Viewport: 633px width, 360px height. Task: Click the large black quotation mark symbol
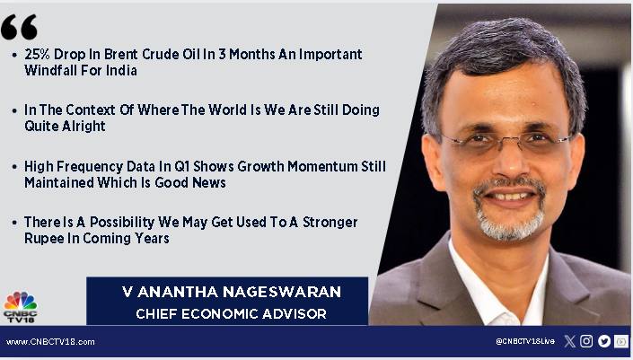click(19, 27)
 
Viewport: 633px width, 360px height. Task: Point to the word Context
click(91, 110)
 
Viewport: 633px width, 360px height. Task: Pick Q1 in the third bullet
click(181, 166)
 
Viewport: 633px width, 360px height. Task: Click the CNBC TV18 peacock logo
click(20, 306)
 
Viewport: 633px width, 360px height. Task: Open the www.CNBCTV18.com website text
click(50, 342)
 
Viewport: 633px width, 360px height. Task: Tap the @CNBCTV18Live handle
click(525, 341)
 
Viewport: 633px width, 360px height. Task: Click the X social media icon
click(569, 341)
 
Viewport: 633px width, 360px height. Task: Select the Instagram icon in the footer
click(586, 341)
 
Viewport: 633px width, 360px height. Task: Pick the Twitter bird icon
click(604, 341)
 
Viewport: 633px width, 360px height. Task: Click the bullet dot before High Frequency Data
click(14, 166)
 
